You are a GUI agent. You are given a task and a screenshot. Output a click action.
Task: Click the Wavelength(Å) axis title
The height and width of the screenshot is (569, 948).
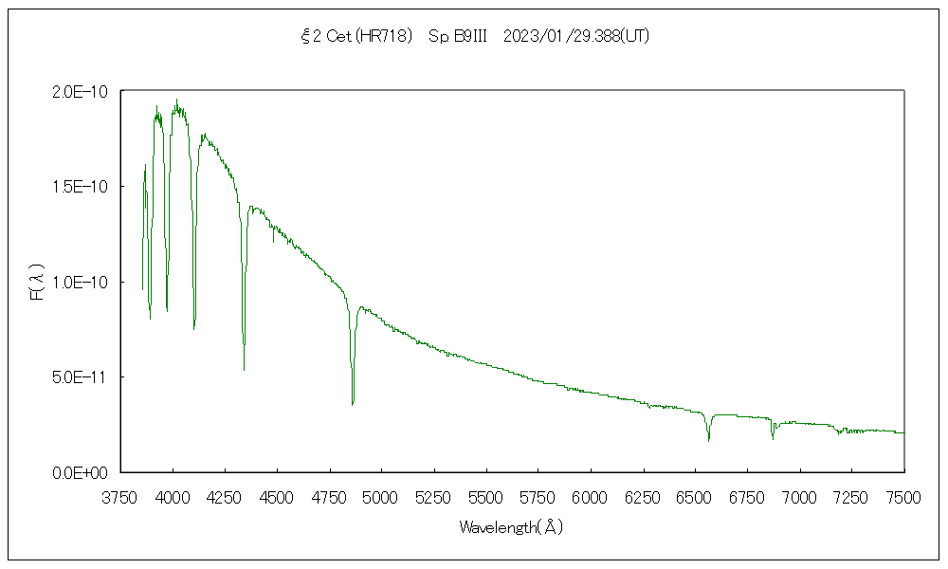[512, 527]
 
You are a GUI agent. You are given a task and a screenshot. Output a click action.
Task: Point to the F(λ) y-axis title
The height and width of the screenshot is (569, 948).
[37, 282]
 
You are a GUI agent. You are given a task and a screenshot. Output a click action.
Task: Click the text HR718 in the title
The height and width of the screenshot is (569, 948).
[389, 37]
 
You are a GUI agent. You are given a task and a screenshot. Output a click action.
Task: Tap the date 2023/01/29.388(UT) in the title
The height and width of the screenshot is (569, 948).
[576, 37]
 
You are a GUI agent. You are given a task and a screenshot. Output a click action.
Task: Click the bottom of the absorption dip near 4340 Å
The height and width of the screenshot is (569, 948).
[244, 369]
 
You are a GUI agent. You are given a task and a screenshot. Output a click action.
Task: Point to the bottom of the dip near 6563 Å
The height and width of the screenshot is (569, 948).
[708, 440]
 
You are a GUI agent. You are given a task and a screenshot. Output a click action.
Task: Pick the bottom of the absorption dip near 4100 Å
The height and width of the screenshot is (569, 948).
[193, 328]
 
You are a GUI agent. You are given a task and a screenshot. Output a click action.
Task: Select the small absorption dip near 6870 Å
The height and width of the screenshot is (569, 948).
[773, 438]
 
